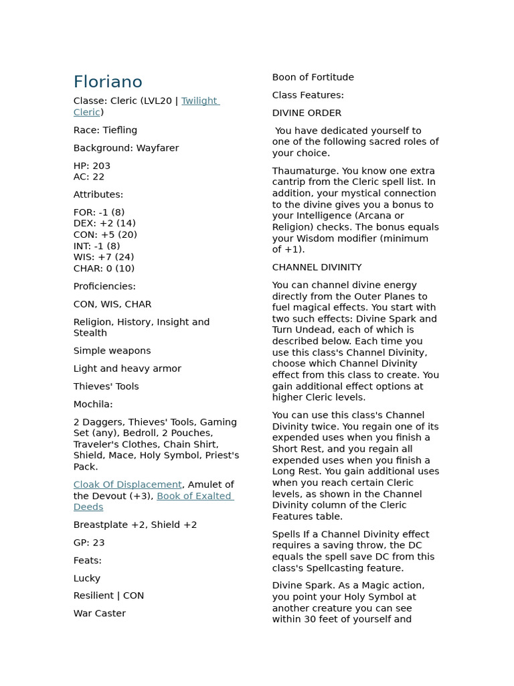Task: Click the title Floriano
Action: point(108,82)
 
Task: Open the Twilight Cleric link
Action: point(199,101)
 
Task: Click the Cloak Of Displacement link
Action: point(127,485)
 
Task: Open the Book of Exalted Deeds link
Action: point(195,496)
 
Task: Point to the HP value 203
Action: point(102,166)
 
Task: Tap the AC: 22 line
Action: point(89,177)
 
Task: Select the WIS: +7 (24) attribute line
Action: point(104,257)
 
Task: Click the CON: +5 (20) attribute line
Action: point(105,235)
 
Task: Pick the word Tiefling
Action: point(120,130)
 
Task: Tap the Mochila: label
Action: point(93,405)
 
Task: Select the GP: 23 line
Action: point(89,543)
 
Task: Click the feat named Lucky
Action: point(87,578)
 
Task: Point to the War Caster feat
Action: point(100,614)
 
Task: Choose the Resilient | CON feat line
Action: point(108,596)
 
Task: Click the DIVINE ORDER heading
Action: point(307,113)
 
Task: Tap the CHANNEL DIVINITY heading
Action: point(317,267)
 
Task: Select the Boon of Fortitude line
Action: point(313,78)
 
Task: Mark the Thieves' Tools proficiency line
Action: point(106,387)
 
